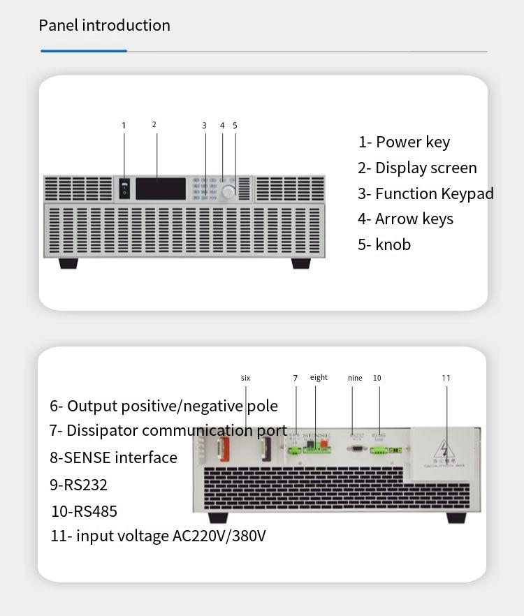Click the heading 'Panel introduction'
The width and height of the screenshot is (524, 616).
104,26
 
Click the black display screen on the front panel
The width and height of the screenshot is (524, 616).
161,189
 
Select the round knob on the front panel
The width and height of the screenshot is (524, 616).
228,191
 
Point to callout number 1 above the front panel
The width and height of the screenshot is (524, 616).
124,126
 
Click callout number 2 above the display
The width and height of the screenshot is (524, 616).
154,125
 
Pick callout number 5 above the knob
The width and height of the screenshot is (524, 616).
235,126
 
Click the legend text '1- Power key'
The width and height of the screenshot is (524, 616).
404,142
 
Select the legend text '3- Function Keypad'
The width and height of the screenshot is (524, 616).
425,193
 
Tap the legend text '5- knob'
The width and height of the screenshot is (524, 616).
384,244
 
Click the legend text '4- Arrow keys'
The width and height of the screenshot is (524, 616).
405,219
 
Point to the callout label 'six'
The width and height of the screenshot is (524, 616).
245,378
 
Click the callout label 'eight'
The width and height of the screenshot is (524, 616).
319,377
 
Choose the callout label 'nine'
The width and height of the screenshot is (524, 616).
355,378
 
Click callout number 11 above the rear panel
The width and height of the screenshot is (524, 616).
446,378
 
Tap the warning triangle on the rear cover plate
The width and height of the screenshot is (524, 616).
444,448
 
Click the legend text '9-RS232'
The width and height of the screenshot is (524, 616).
78,484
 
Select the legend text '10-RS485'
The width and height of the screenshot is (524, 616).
84,511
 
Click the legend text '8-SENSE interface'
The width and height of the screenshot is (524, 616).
113,457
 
